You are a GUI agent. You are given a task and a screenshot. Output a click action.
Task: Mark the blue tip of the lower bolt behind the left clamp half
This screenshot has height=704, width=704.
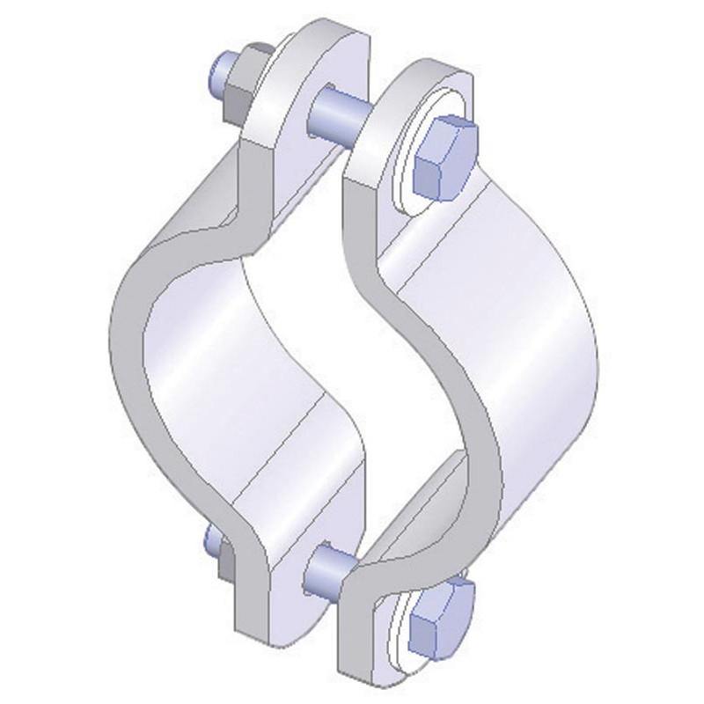tap(210, 539)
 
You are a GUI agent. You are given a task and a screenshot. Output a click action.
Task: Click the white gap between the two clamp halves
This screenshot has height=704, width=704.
tap(352, 334)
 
